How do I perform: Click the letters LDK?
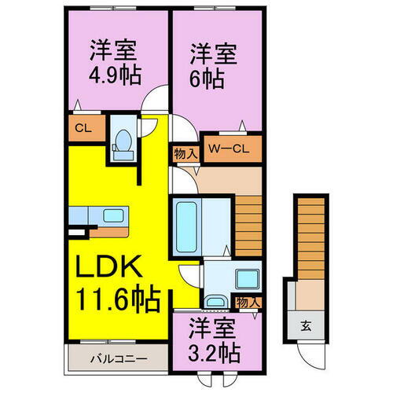(110, 270)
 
